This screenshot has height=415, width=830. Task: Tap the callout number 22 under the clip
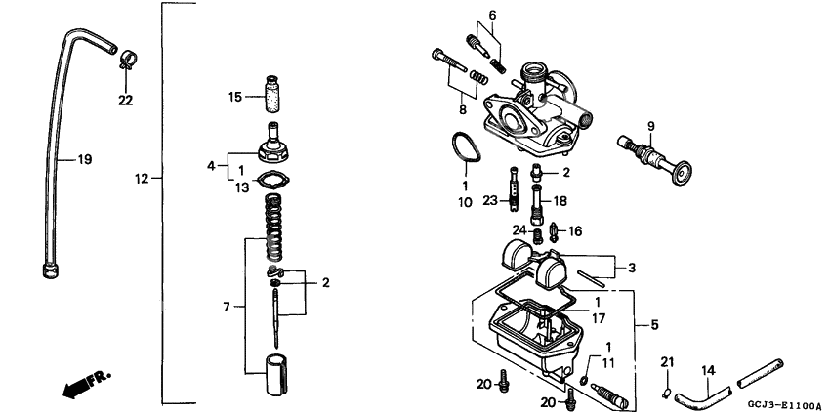tap(125, 100)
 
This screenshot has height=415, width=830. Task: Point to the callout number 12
tap(143, 179)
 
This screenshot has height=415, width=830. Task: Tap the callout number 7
tap(227, 308)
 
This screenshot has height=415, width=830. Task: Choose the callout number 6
tap(493, 15)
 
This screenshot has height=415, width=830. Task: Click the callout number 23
tap(489, 201)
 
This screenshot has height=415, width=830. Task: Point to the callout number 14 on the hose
tap(708, 371)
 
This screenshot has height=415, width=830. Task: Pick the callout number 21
tap(669, 362)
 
